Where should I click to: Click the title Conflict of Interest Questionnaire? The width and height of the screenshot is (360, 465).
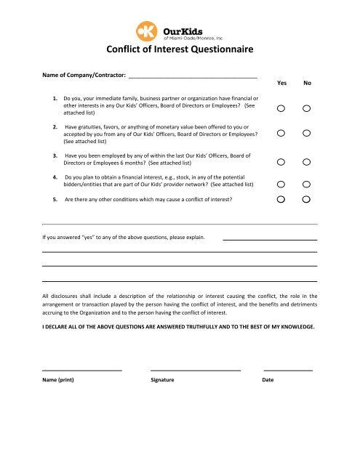[x=179, y=50]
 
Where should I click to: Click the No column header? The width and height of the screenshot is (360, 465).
[x=308, y=84]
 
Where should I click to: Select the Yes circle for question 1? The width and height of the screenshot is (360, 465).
[x=281, y=109]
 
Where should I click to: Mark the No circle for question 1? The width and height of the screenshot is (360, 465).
[x=307, y=109]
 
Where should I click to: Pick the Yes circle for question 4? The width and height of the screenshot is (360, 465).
[x=281, y=184]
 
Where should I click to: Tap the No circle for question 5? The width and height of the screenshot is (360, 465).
[x=307, y=198]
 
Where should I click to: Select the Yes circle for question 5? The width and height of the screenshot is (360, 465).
[x=281, y=198]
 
